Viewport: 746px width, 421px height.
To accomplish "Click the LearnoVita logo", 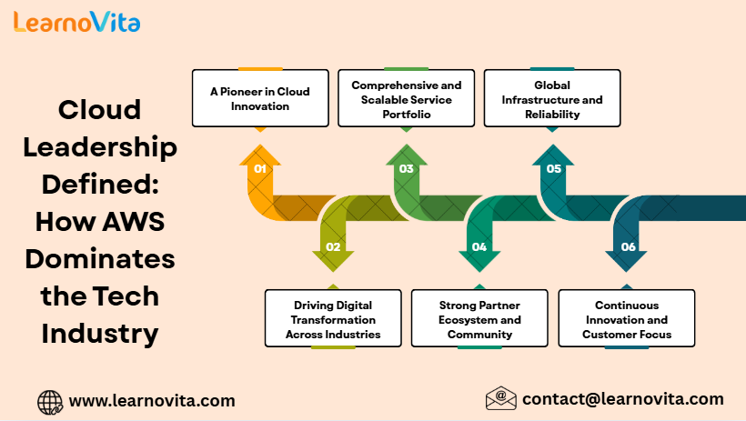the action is tap(77, 22).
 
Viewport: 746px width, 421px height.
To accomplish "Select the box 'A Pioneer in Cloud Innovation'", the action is tap(260, 98).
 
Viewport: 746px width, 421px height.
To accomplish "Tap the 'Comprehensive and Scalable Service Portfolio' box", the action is tap(407, 98).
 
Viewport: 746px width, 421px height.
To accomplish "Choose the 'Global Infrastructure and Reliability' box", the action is tap(552, 98).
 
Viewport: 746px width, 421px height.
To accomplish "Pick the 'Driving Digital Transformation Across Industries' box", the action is tap(333, 318).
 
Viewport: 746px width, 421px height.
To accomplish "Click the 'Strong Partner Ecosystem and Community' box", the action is tap(479, 318).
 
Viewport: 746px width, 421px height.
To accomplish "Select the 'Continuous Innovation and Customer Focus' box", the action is tap(627, 318).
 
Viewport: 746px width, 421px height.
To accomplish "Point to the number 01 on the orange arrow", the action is tap(260, 169).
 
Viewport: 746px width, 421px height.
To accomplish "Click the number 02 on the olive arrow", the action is tap(333, 247).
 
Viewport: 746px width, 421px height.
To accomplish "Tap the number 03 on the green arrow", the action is tap(407, 169).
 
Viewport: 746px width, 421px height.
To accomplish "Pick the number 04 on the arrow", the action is tap(479, 247).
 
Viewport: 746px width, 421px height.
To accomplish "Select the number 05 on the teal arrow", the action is tap(554, 169).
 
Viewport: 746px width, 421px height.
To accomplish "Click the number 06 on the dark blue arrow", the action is tap(628, 247).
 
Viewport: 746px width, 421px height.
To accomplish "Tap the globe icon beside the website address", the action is tap(50, 403).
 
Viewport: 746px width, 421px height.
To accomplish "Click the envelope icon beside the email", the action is tap(501, 398).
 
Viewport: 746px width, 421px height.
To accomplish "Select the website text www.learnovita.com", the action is tap(152, 401).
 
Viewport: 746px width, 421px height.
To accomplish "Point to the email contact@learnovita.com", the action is tap(623, 399).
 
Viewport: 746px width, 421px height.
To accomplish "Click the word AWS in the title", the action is tap(133, 222).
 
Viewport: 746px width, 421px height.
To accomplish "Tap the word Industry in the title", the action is tap(100, 334).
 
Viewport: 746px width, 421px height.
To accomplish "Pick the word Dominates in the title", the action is tap(100, 259).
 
